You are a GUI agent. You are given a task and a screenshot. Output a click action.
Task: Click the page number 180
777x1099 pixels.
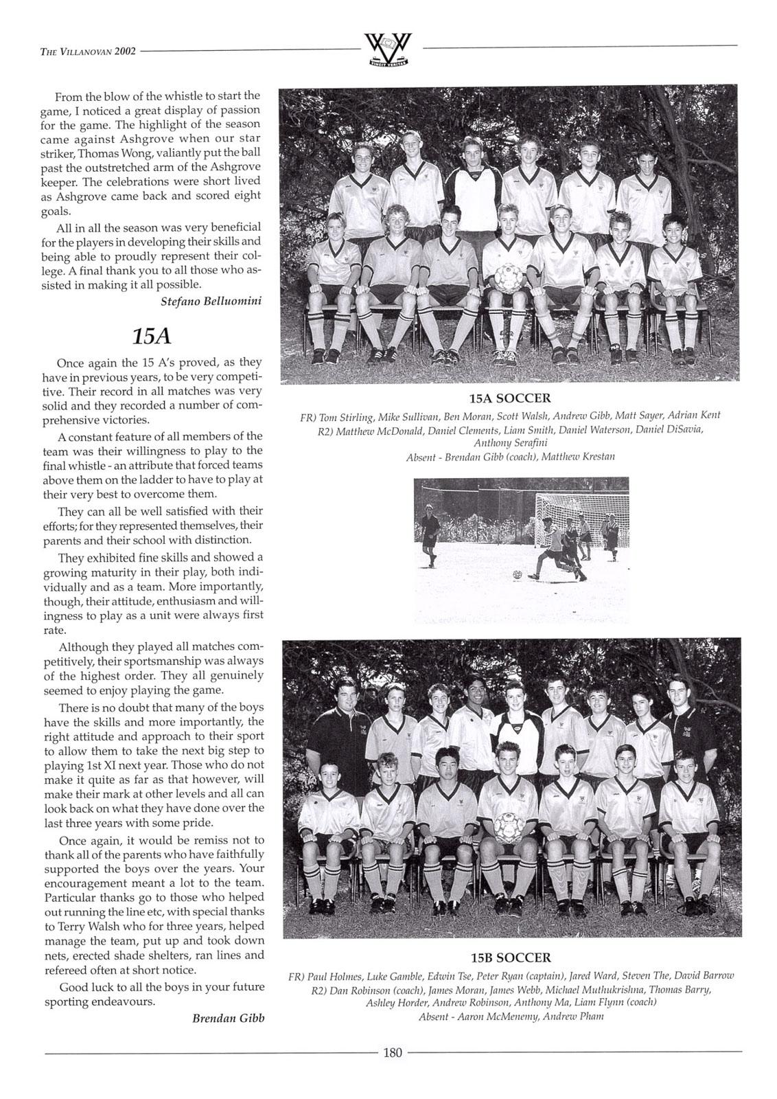(x=392, y=1052)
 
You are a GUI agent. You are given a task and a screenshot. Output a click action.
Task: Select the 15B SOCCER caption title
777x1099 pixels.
(x=511, y=958)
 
